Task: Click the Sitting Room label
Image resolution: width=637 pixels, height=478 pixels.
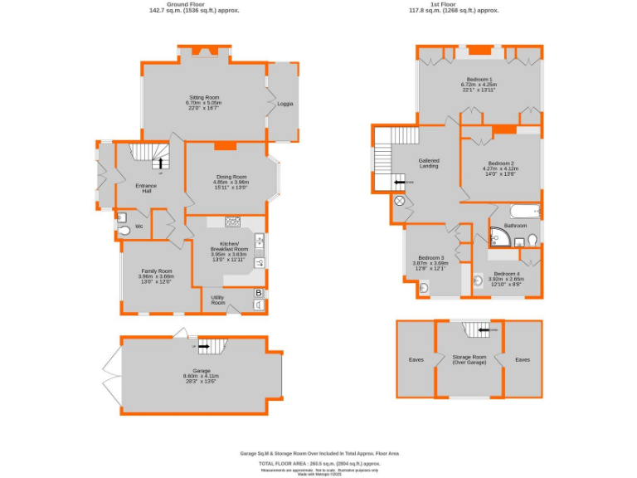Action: (202, 97)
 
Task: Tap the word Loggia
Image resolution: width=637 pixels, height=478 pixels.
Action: (284, 104)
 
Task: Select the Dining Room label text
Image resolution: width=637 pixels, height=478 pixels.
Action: (232, 177)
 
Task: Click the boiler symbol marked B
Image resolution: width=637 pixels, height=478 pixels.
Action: (259, 293)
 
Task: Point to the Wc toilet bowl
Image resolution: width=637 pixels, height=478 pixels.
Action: (124, 231)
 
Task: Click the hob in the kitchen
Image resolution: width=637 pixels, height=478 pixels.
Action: (231, 222)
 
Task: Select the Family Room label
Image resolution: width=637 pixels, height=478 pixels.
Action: (156, 271)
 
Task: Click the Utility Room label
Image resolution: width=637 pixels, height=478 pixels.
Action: (218, 300)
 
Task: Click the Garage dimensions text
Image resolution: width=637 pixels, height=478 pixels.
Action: (201, 378)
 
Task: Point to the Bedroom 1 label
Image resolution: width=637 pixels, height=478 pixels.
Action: (479, 79)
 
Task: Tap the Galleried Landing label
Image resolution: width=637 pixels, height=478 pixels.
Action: (429, 163)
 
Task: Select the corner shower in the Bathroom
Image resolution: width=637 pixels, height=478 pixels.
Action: (498, 238)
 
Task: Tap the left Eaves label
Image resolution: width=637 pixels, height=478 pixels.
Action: (416, 359)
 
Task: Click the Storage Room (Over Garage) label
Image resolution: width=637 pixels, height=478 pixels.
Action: (470, 360)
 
